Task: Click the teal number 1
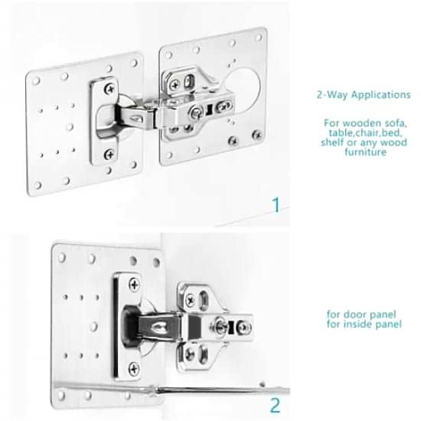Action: coord(276,205)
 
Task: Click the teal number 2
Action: coord(275,405)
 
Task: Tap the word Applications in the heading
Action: coord(380,95)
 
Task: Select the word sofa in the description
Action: coord(396,123)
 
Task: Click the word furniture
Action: coord(365,152)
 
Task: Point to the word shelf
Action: coord(332,142)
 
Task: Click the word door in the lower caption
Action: coord(354,314)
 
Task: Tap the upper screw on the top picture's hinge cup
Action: coord(109,89)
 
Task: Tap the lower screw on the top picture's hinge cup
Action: coord(109,154)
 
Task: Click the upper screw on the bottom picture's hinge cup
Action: coord(134,285)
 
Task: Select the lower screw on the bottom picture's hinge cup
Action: coord(134,369)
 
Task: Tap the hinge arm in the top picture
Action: coord(136,116)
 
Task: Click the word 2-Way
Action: coord(332,95)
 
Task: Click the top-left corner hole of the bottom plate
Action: coord(62,257)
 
